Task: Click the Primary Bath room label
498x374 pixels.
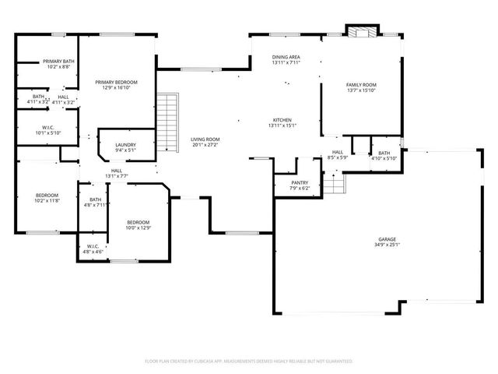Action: click(x=58, y=61)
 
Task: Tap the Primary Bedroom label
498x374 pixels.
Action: click(x=116, y=82)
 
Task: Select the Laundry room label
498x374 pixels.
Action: click(x=125, y=144)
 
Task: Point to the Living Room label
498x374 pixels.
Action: click(x=205, y=139)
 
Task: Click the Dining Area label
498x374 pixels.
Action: click(x=286, y=57)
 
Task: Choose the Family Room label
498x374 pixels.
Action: click(x=361, y=84)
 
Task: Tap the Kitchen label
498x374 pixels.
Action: click(x=283, y=120)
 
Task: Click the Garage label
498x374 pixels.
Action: click(x=387, y=239)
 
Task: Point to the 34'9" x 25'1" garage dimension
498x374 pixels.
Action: click(x=387, y=245)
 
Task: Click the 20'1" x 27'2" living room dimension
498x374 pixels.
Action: click(x=205, y=145)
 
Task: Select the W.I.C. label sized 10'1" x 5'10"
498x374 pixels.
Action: click(x=47, y=127)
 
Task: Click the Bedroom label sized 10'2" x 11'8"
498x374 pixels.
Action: click(x=47, y=195)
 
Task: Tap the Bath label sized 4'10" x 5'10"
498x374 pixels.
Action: click(x=384, y=153)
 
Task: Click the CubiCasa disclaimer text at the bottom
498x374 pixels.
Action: click(x=249, y=362)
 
